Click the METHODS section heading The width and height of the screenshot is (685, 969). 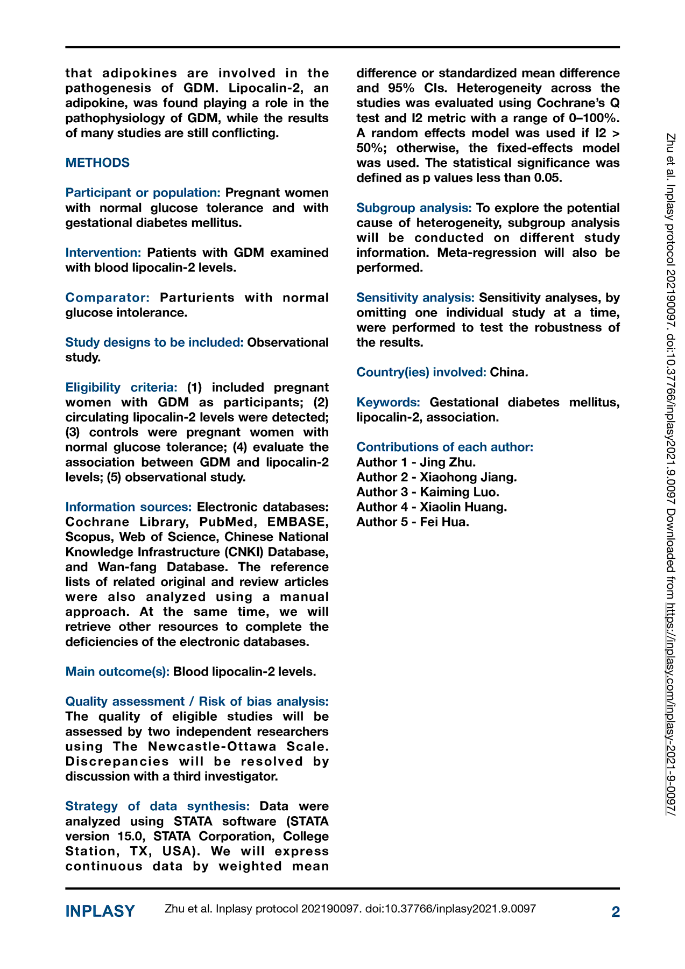tap(97, 163)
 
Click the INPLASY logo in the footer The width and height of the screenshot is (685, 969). tap(100, 911)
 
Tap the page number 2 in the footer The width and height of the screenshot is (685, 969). tap(616, 911)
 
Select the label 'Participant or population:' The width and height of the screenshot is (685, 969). tap(143, 193)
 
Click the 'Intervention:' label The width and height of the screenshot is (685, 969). tap(103, 252)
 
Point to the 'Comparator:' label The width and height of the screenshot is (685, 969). tap(108, 298)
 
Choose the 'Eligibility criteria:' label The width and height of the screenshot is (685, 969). tap(121, 388)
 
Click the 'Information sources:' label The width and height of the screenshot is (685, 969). tap(129, 507)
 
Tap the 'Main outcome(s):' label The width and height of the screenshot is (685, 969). tap(117, 671)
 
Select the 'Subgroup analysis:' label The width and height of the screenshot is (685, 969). tap(414, 208)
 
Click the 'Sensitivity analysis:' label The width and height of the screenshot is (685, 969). tap(415, 298)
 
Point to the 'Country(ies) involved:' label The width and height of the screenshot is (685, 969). tap(421, 372)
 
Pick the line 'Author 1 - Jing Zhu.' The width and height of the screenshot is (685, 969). tap(416, 462)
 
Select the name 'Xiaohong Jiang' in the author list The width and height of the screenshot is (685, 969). tap(467, 477)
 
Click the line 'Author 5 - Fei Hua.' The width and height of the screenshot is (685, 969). tap(413, 522)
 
